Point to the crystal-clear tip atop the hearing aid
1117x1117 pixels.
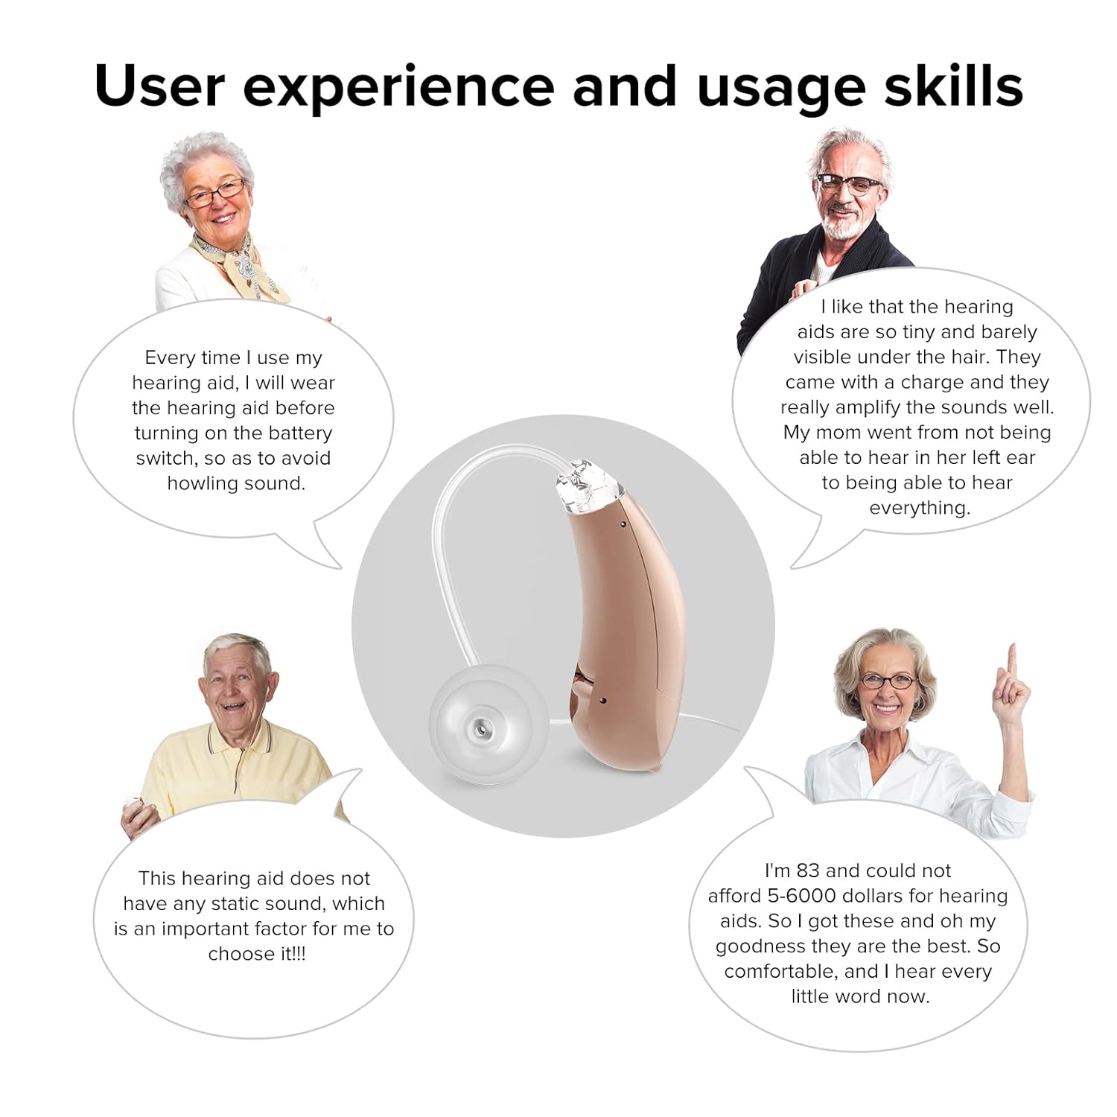pos(589,486)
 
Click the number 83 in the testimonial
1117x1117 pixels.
pos(808,871)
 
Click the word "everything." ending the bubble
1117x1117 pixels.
pos(920,508)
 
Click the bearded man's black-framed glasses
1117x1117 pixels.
pos(849,183)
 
